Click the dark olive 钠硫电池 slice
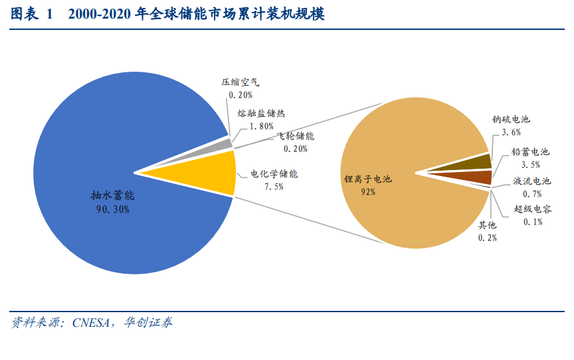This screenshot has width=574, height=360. pyautogui.click(x=476, y=163)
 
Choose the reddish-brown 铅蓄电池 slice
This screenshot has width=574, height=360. pyautogui.click(x=476, y=177)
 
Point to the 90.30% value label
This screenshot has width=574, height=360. pyautogui.click(x=113, y=209)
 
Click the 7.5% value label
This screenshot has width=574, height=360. pyautogui.click(x=274, y=187)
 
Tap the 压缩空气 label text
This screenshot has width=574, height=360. pyautogui.click(x=240, y=82)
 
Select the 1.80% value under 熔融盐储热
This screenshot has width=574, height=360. pyautogui.click(x=262, y=126)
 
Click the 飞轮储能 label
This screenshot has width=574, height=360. pyautogui.click(x=296, y=136)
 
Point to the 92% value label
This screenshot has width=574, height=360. pyautogui.click(x=368, y=192)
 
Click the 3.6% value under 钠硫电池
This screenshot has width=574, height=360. pyautogui.click(x=512, y=132)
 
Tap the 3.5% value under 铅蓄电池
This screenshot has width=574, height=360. pyautogui.click(x=531, y=165)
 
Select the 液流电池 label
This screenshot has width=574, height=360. pyautogui.click(x=532, y=181)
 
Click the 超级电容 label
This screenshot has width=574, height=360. pyautogui.click(x=533, y=209)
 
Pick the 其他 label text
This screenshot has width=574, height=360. pyautogui.click(x=487, y=225)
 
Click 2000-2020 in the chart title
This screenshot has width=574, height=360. pyautogui.click(x=99, y=14)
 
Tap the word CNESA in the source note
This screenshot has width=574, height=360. pyautogui.click(x=91, y=323)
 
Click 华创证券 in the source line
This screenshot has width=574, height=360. pyautogui.click(x=148, y=322)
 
